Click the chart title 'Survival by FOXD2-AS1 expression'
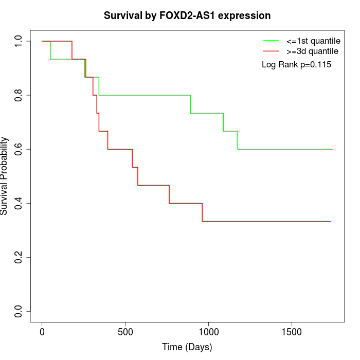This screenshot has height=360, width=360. [187, 15]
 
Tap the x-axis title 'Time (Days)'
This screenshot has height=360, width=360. [187, 347]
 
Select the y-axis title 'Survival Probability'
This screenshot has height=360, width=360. [5, 176]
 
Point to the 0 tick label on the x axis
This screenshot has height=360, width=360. [42, 332]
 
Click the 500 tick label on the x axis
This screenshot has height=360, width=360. [125, 332]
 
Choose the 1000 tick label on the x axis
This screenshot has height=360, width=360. [209, 332]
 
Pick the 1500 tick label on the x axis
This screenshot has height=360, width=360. [292, 332]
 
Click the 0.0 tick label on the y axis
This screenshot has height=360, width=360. [19, 311]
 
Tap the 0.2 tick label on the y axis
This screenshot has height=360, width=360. [19, 257]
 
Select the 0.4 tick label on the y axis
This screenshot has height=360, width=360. [19, 203]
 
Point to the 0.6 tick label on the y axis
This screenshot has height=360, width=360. [19, 149]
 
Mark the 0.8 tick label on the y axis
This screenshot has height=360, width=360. [19, 95]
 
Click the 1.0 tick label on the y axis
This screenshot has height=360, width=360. [19, 41]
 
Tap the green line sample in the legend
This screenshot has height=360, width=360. [271, 41]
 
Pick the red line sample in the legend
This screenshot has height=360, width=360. [271, 51]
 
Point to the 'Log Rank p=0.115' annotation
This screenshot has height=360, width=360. [296, 65]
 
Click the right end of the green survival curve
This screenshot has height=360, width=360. [333, 149]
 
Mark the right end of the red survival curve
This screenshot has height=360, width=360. [330, 221]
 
